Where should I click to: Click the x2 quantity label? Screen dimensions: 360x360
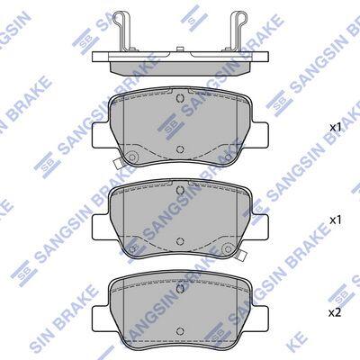pyautogui.click(x=335, y=313)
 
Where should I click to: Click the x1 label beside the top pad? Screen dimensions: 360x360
pyautogui.click(x=336, y=128)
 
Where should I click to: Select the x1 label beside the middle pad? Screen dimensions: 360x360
pyautogui.click(x=336, y=220)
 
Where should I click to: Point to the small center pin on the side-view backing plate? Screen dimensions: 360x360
pyautogui.click(x=180, y=49)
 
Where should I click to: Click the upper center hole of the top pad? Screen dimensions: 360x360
pyautogui.click(x=180, y=98)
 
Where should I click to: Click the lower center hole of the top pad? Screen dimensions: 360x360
pyautogui.click(x=180, y=149)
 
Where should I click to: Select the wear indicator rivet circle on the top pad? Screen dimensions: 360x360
pyautogui.click(x=132, y=157)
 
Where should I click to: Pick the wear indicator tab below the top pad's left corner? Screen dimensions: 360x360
pyautogui.click(x=117, y=163)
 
